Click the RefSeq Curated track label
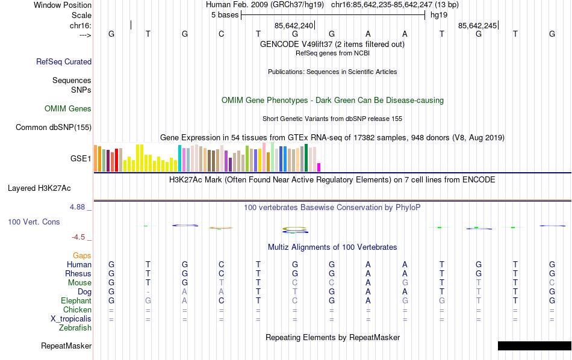coord(64,61)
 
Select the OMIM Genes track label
coord(68,109)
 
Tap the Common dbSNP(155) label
coord(54,127)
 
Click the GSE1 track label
coord(81,159)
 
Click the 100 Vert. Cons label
coord(34,222)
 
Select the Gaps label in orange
coord(82,256)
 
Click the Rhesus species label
coord(78,274)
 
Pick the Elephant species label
coord(76,301)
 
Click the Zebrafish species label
coord(75,328)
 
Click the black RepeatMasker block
coord(534,346)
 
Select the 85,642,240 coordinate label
coord(294,25)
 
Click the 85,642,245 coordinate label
coord(477,25)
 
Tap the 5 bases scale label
coord(225,15)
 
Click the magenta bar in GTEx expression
coord(319,167)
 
